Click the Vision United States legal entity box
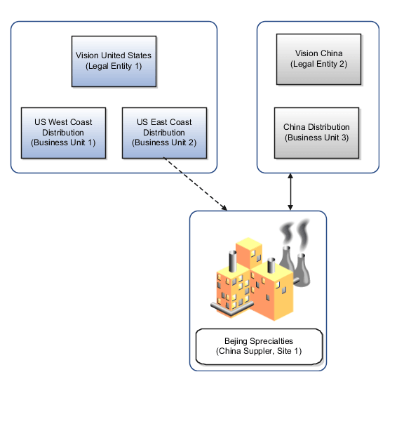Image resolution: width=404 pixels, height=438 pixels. click(x=113, y=61)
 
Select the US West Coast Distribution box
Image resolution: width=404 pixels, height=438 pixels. click(x=63, y=132)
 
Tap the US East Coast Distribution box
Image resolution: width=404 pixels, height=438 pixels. click(x=164, y=132)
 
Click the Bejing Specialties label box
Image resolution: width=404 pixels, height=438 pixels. click(x=259, y=346)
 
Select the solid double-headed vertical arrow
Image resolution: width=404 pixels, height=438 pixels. click(x=290, y=192)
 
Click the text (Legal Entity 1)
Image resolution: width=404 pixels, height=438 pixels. click(x=113, y=66)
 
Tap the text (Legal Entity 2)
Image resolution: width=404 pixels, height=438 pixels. click(x=318, y=63)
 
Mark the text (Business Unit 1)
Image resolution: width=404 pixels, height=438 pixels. click(x=63, y=142)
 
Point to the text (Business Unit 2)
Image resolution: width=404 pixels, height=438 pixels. click(x=164, y=142)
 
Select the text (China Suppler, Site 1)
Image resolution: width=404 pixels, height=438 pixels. click(x=259, y=351)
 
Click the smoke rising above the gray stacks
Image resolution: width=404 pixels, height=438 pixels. click(x=295, y=233)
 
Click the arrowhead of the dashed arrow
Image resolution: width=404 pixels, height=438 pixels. click(x=224, y=208)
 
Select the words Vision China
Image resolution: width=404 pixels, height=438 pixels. click(x=318, y=53)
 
